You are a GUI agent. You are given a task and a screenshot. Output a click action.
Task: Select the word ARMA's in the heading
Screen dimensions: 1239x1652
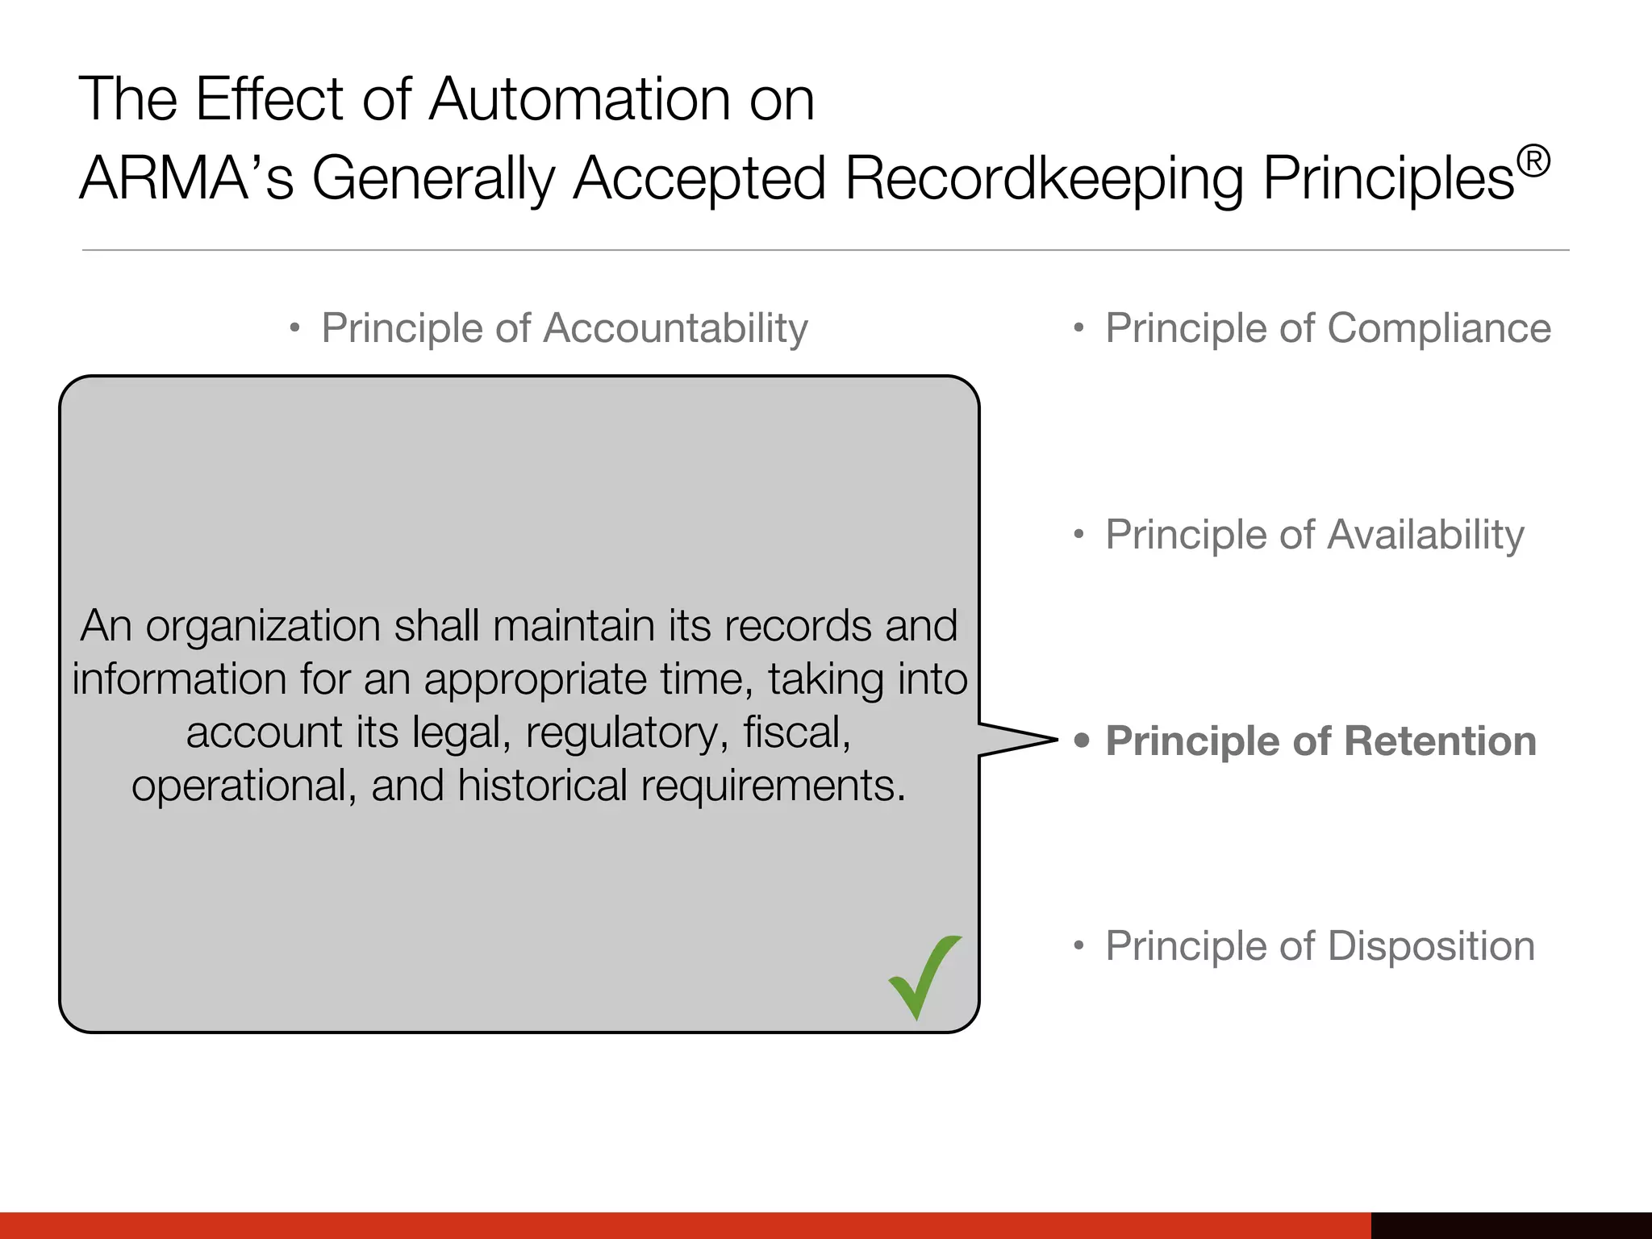(186, 178)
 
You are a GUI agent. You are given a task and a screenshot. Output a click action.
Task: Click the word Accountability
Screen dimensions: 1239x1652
(675, 329)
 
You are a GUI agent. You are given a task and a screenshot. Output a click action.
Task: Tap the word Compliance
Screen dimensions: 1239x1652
(1439, 328)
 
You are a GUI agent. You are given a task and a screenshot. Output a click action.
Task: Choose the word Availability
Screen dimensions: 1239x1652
(1425, 535)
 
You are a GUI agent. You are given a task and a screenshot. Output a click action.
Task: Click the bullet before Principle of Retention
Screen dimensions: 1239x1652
(1082, 740)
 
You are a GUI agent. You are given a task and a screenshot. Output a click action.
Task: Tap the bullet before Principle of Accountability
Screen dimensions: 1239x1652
(295, 328)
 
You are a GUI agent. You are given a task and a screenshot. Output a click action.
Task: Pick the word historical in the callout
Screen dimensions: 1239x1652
(542, 786)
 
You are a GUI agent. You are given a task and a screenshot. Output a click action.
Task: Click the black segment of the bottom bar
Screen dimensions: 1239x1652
(1511, 1225)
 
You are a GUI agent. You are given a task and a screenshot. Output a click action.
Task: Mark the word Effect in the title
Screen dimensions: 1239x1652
(269, 99)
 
